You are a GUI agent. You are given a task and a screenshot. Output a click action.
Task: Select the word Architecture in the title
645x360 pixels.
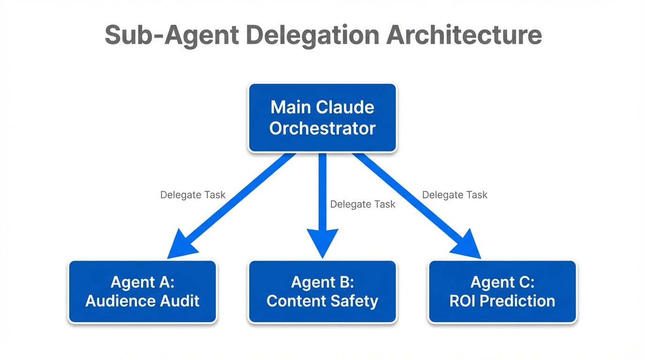click(x=464, y=36)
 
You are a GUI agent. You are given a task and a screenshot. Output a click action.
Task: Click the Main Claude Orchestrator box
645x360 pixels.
click(x=322, y=118)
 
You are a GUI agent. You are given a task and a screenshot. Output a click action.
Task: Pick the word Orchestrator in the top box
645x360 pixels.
click(x=322, y=128)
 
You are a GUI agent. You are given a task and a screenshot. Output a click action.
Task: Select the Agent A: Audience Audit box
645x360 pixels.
click(x=142, y=292)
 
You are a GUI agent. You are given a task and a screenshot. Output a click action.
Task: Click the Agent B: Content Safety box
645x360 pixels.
click(x=322, y=292)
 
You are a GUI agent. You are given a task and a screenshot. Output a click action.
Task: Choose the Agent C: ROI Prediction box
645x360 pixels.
click(x=502, y=292)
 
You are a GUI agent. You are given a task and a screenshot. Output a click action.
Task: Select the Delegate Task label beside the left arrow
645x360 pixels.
click(x=193, y=195)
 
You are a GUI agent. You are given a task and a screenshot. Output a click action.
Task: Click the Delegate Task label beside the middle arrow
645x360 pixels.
click(x=362, y=204)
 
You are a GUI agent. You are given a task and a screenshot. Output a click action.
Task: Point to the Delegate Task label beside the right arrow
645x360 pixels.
click(x=455, y=195)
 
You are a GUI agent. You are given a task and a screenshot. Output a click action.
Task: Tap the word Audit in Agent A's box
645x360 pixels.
click(x=180, y=301)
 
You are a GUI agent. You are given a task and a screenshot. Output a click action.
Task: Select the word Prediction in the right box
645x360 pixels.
click(x=517, y=301)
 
